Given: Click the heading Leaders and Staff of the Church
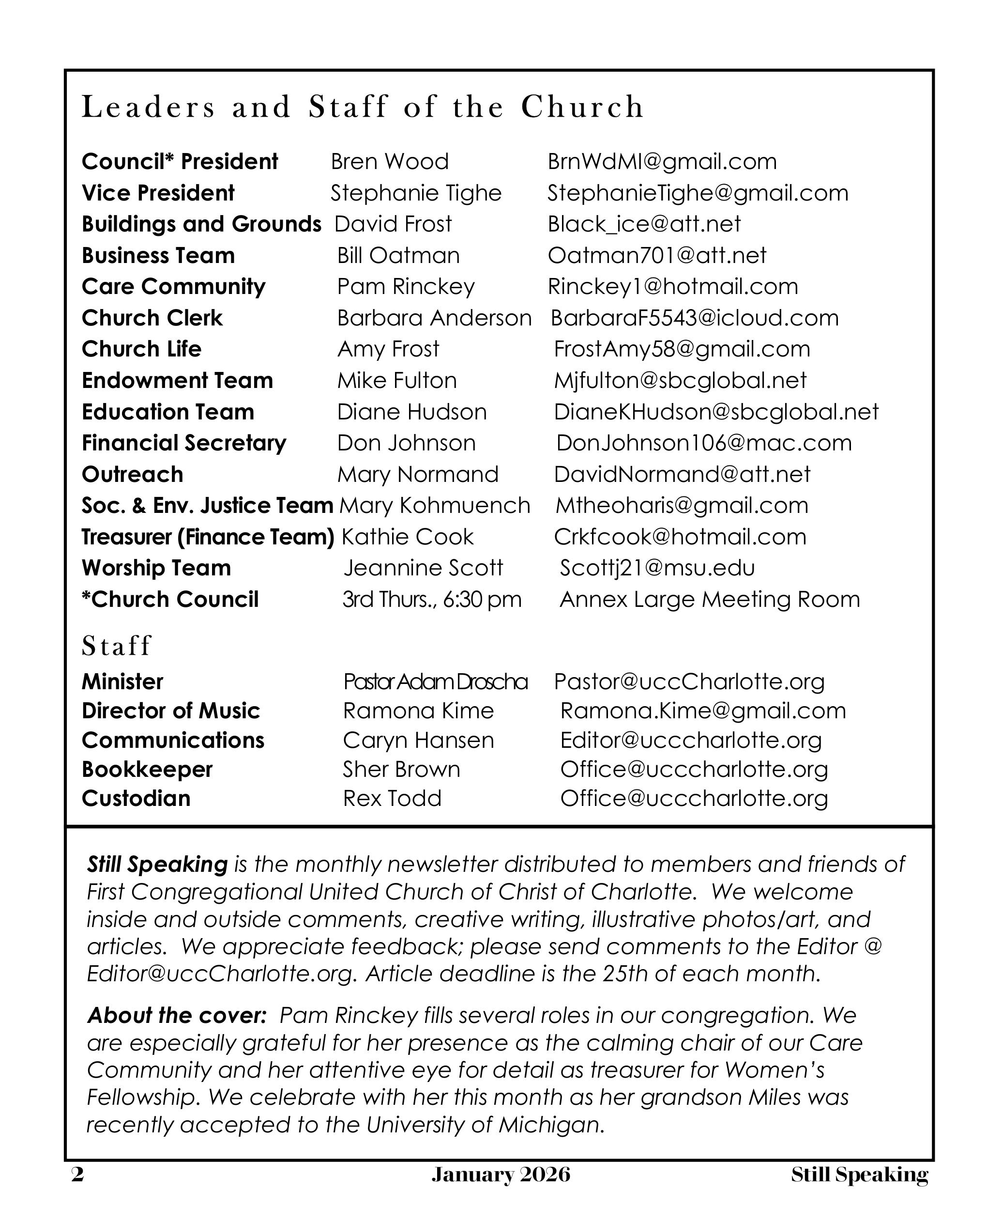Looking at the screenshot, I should [x=363, y=107].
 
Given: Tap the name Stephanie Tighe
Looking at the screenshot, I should [x=416, y=193].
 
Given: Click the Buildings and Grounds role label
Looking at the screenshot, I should [x=201, y=224].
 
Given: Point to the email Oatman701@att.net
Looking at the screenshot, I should [x=657, y=255].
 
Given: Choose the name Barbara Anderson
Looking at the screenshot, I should [x=434, y=318].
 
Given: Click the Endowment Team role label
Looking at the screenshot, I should [x=177, y=381].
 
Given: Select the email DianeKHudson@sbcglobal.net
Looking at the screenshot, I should [x=716, y=412].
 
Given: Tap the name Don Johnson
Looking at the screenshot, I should [x=406, y=443].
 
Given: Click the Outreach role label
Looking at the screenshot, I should [x=133, y=474].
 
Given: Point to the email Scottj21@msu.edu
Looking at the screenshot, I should [x=657, y=568].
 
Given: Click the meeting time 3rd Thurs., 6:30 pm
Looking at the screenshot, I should [x=432, y=600].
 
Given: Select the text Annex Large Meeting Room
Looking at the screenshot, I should [x=709, y=600].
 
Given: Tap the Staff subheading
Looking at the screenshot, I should [x=117, y=646].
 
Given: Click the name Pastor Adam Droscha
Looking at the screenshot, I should [x=435, y=682].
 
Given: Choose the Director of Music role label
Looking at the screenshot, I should [x=171, y=711].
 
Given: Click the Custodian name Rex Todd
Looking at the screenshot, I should [x=392, y=799].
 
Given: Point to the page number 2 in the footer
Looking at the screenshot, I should [x=77, y=1175].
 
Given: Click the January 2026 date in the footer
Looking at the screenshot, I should [x=501, y=1175].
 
